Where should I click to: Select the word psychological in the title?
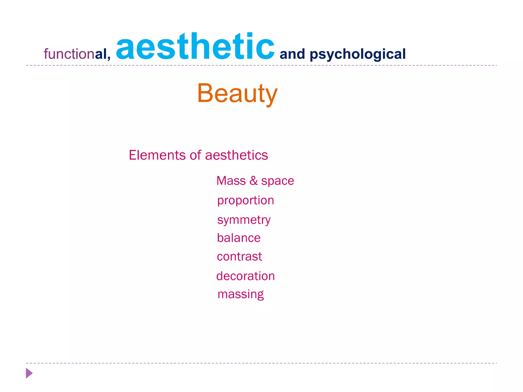(x=358, y=54)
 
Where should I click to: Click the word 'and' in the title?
(x=292, y=54)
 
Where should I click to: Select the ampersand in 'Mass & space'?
(x=254, y=181)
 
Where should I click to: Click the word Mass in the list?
(x=231, y=181)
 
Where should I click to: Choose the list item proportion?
(x=245, y=201)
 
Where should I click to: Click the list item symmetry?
(x=244, y=220)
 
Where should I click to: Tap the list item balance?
(x=239, y=238)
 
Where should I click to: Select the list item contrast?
(x=239, y=256)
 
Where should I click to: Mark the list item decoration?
(x=245, y=276)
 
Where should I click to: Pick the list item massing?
(x=241, y=295)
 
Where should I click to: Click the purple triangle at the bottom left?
(x=29, y=373)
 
